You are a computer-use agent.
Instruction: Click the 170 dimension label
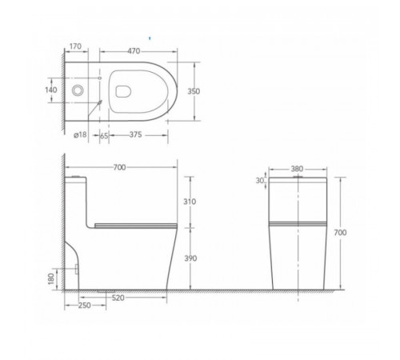tap(75, 46)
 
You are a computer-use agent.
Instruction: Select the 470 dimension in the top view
tap(134, 51)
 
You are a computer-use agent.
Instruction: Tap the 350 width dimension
tap(194, 91)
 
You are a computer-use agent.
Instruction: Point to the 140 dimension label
tap(51, 90)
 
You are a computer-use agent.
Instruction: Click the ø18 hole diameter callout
tap(80, 134)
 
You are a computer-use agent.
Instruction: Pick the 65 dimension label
tap(104, 136)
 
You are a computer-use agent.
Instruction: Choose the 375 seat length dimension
tap(136, 134)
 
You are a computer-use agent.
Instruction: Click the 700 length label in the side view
tap(119, 167)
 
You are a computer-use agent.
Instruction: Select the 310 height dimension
tap(190, 202)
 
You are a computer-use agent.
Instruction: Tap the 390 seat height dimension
tap(190, 258)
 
